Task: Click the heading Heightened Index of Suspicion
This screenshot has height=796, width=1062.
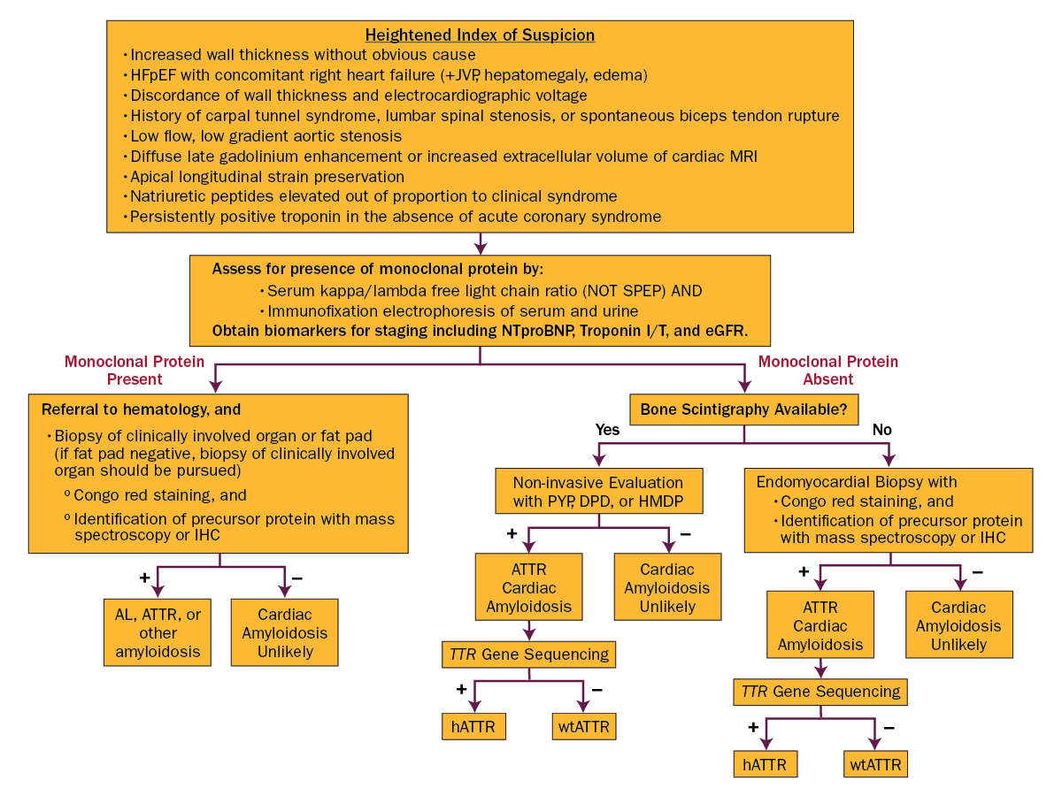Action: point(480,35)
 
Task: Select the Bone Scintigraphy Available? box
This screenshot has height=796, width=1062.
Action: point(743,409)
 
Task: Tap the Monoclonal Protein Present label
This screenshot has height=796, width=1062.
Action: point(135,371)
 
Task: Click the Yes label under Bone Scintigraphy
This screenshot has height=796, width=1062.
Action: point(607,430)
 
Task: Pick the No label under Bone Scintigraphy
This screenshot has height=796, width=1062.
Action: point(881,430)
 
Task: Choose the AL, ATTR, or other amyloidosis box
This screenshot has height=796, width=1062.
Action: point(158,633)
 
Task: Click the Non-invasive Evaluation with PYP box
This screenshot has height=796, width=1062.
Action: point(598,493)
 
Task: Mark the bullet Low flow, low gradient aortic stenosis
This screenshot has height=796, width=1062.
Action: point(265,136)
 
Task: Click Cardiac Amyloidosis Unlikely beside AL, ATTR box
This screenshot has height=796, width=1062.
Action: point(284,633)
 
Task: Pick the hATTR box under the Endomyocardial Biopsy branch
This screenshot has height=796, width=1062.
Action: point(766,764)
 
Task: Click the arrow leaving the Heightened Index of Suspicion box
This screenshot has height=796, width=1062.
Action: point(480,244)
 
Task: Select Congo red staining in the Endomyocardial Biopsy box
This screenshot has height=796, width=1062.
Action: point(866,501)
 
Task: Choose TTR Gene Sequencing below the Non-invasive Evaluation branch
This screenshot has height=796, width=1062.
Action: point(528,654)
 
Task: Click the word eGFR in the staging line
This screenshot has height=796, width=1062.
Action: point(725,332)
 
